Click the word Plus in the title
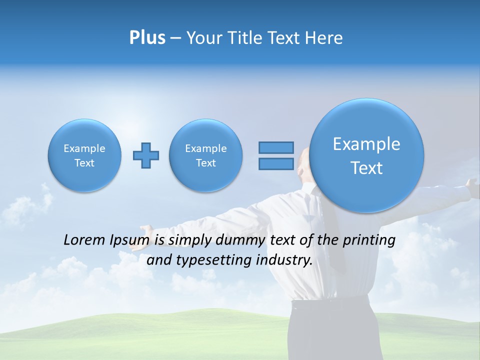(147, 38)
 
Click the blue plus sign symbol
(146, 155)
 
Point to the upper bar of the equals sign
(276, 147)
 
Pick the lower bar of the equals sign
(276, 164)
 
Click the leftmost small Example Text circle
(84, 155)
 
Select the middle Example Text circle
(206, 155)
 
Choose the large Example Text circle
(366, 155)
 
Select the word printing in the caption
(368, 240)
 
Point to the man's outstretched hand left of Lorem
(145, 231)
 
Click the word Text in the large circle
(366, 168)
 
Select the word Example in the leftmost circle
(84, 148)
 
